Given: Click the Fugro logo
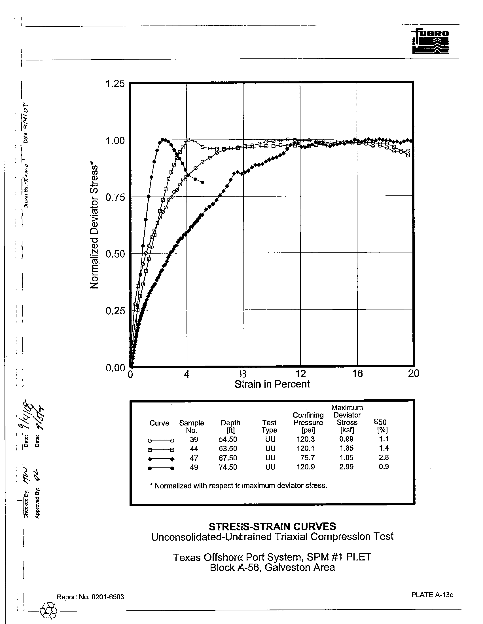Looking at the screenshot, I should pos(430,41).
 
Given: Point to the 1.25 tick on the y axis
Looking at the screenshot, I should pos(115,84).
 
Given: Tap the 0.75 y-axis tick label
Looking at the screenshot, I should pos(115,197).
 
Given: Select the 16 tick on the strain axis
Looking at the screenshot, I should pos(357,374).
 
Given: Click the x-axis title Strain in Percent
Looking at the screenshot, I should pos(272,384).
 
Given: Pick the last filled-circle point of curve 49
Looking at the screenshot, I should pos(202,182).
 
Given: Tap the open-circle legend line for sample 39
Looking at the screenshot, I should pos(161,440).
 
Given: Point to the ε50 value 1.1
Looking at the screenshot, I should pos(384,439).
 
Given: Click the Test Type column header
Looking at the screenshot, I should pos(269,426).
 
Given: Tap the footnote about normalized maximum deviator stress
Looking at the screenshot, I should pos(238,486).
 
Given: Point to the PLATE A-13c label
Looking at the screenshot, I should pos(432,595).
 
